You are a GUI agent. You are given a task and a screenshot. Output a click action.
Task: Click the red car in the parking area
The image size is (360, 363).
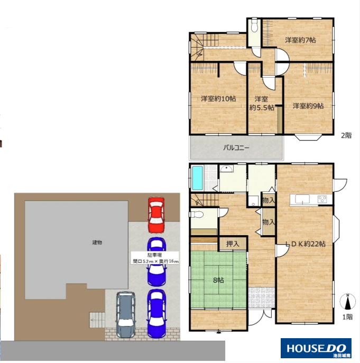[x=156, y=215]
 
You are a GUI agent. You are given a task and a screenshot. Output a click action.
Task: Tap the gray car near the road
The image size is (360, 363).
[x=126, y=314]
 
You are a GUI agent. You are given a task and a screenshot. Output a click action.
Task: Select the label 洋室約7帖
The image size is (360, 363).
[x=300, y=40]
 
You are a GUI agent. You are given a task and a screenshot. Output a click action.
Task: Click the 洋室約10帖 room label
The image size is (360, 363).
[x=218, y=99]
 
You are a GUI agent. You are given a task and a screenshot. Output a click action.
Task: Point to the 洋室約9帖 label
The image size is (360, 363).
[x=308, y=106]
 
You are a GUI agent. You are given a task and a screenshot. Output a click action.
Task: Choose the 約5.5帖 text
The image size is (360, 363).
[x=262, y=108]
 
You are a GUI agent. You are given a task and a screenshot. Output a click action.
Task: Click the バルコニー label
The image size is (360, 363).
[x=236, y=148]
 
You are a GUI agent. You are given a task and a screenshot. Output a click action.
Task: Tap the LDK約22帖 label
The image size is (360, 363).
[x=305, y=244]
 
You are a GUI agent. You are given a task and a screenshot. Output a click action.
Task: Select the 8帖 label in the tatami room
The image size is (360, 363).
[x=218, y=281]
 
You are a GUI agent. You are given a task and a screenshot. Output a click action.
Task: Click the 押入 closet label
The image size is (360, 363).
[x=233, y=244]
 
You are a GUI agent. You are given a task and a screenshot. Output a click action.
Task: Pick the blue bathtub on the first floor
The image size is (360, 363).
[x=198, y=178]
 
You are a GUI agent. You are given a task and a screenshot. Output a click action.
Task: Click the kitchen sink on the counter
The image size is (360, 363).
[x=302, y=199]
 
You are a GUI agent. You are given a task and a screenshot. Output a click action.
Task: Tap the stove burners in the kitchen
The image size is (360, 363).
[x=322, y=199]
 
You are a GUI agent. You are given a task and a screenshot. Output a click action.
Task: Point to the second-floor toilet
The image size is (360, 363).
[x=254, y=26]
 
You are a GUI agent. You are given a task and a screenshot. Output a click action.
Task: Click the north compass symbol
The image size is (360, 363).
[x=347, y=301]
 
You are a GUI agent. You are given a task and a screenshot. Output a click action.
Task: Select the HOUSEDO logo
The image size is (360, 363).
[x=316, y=348]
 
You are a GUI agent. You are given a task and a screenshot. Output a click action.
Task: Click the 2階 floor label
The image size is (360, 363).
[x=346, y=135]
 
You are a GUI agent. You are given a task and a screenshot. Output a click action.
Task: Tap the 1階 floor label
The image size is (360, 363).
[x=347, y=317]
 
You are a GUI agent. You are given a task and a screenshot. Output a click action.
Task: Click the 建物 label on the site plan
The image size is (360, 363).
[x=97, y=243]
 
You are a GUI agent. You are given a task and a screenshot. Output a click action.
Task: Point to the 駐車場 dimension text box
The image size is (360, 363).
[x=155, y=258]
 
